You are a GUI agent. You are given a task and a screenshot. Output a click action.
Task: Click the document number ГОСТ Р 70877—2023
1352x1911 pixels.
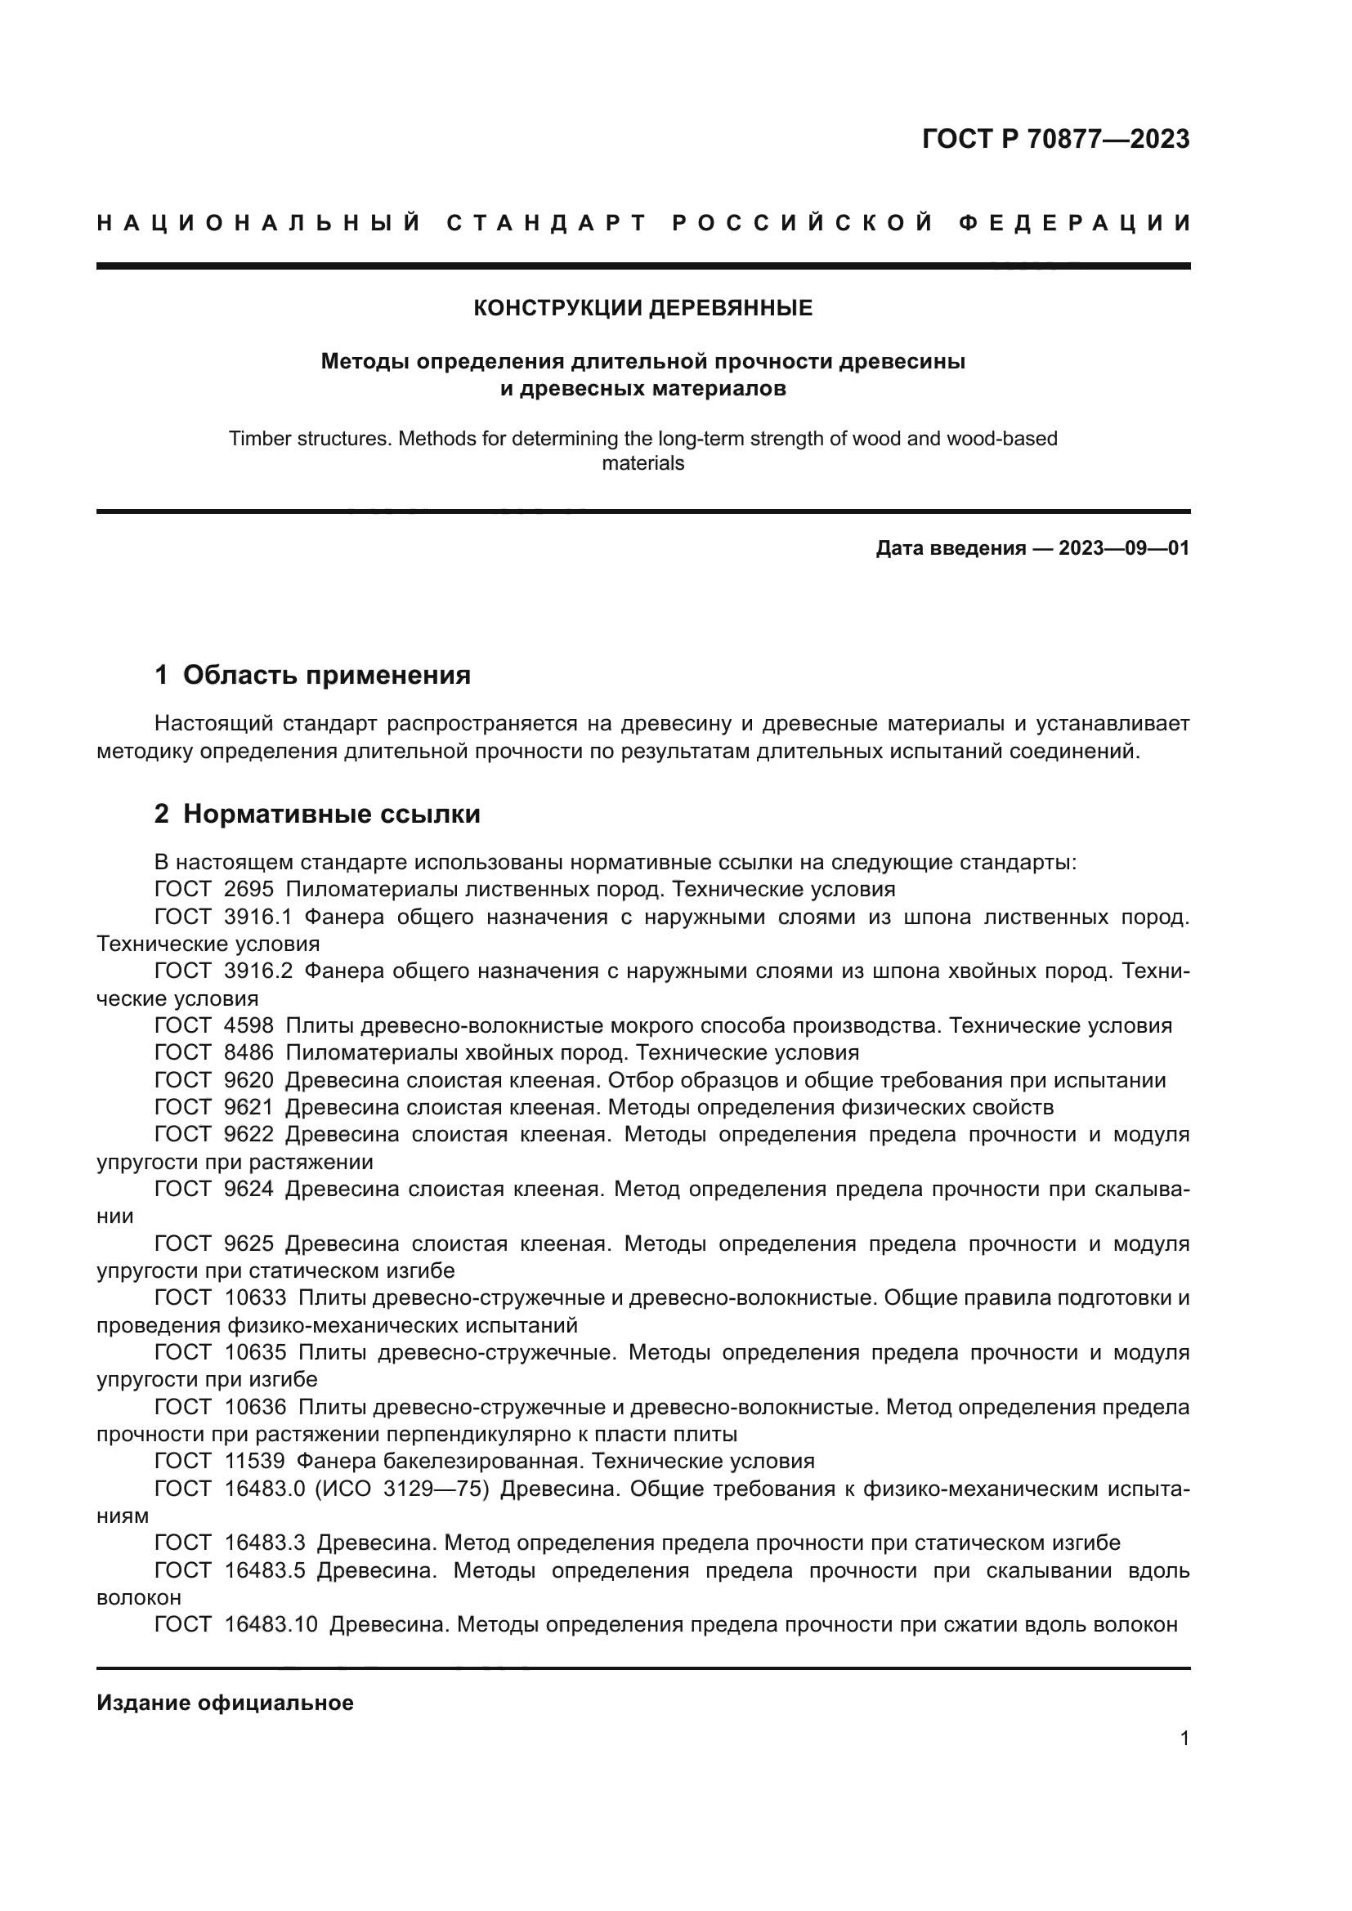[1055, 139]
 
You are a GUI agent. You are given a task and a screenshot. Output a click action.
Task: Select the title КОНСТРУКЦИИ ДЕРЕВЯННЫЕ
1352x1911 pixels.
[642, 308]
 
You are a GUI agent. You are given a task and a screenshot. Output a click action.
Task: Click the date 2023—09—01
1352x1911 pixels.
[1124, 548]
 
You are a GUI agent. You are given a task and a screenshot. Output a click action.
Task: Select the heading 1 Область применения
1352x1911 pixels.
[312, 675]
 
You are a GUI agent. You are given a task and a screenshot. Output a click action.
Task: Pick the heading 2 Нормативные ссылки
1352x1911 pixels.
[317, 814]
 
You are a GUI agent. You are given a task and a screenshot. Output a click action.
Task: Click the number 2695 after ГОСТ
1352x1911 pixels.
[249, 889]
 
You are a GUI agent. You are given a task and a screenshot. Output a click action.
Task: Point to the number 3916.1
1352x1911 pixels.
[258, 917]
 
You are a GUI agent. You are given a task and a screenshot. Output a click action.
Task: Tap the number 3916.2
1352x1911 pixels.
[258, 971]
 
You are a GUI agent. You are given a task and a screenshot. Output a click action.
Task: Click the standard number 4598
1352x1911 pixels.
[249, 1025]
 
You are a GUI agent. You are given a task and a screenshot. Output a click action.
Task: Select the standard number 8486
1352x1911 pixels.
[249, 1052]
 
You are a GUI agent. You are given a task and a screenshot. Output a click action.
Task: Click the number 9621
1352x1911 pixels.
[249, 1107]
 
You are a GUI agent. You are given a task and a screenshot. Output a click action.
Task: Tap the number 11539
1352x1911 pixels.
[255, 1461]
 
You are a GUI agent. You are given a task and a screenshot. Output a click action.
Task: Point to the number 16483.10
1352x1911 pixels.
[271, 1624]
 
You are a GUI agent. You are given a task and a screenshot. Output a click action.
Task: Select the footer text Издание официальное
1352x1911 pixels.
[225, 1703]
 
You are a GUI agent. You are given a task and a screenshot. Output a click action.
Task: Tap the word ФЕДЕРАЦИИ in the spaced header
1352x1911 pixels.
[1075, 223]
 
